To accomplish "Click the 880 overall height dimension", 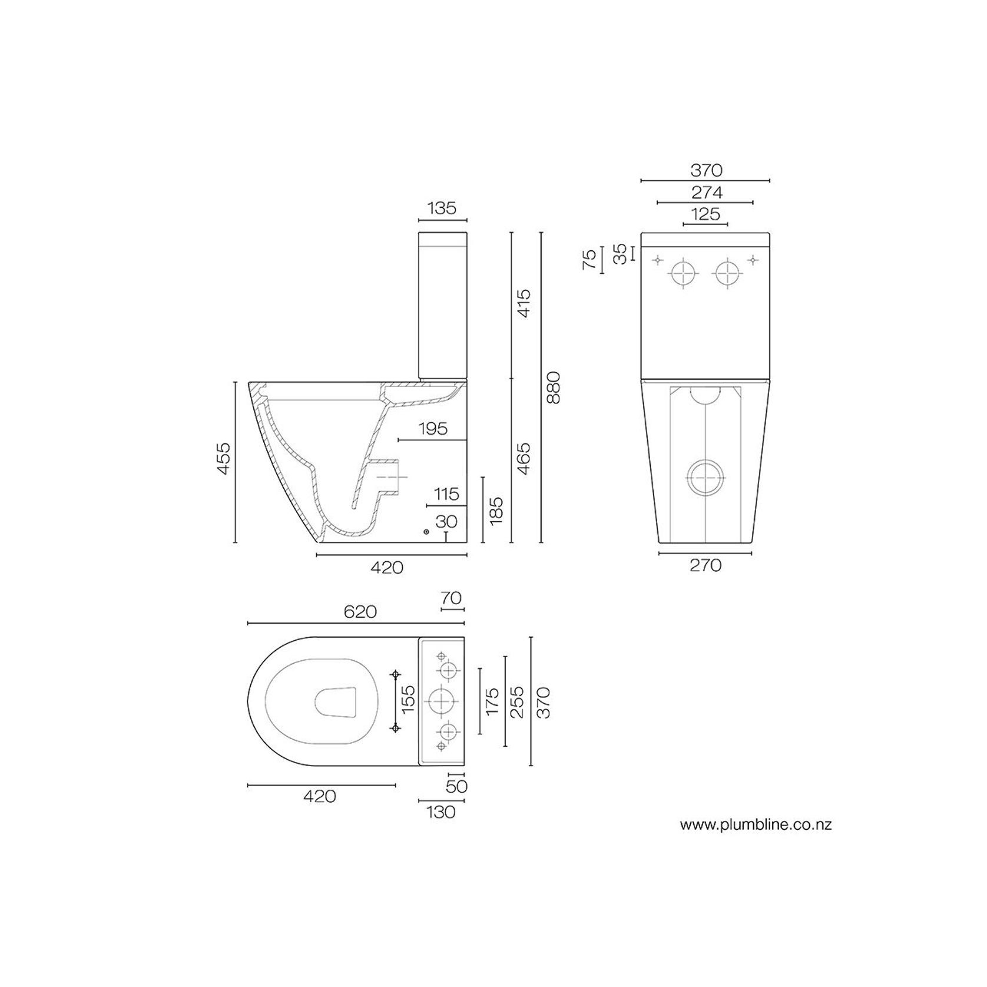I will click(x=553, y=387).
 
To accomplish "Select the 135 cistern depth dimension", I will click(x=442, y=208).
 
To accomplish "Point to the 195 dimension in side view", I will click(x=433, y=429).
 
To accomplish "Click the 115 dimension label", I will click(x=446, y=494).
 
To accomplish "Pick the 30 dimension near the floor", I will click(x=446, y=522).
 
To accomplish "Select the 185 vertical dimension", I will click(x=496, y=510).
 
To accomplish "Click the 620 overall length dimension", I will click(x=360, y=612).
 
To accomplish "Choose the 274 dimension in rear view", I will click(x=706, y=193).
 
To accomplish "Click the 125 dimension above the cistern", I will click(x=706, y=214).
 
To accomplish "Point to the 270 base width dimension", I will click(x=705, y=565).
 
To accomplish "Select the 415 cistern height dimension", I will click(x=524, y=303).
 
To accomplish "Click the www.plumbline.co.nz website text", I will click(x=756, y=824).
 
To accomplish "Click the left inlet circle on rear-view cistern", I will click(x=684, y=274).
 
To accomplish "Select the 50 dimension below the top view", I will click(x=456, y=786).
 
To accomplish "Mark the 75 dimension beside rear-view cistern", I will click(x=589, y=259).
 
